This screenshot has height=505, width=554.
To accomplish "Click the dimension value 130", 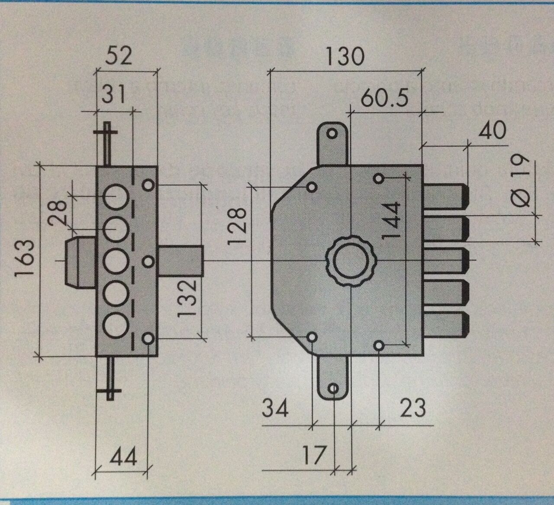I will click(x=345, y=56).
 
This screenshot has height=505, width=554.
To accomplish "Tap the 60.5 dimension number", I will click(x=384, y=98).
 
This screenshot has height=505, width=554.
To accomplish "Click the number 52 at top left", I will click(x=119, y=56).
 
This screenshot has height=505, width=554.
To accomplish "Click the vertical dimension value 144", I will click(x=391, y=220).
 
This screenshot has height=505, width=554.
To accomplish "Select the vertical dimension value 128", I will click(x=238, y=226).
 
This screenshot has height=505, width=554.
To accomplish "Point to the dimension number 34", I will click(x=275, y=408).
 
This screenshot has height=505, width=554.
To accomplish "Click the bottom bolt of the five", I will click(x=446, y=324).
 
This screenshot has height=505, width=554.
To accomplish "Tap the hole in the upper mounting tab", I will click(x=332, y=133).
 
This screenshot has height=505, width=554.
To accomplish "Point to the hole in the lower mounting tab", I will click(x=333, y=388).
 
